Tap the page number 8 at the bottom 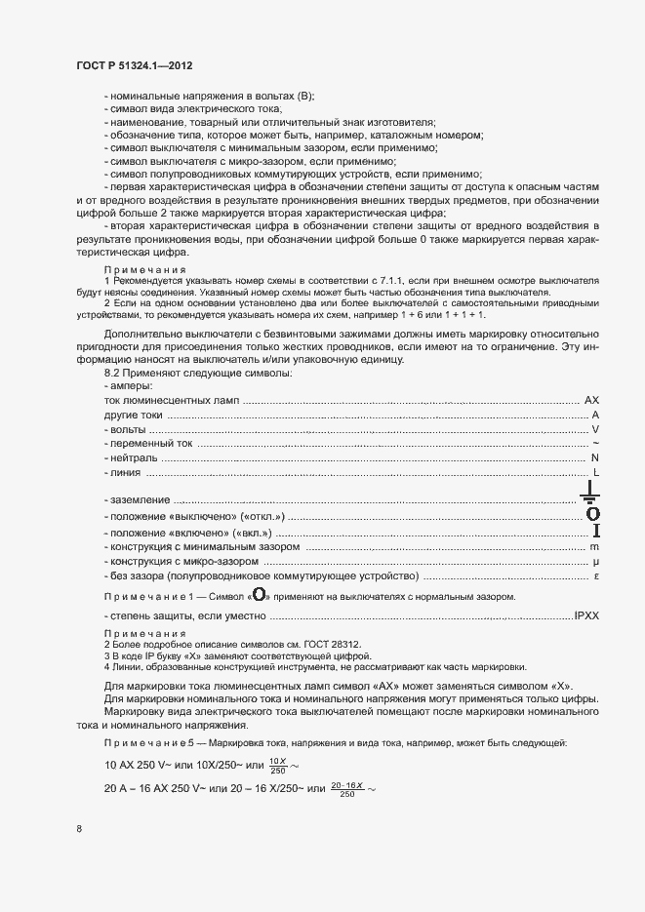[x=79, y=829]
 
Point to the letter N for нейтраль [x=594, y=457]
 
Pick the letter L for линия [x=595, y=473]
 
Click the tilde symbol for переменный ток [x=595, y=444]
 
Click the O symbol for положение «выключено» [x=592, y=513]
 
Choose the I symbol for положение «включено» [x=594, y=531]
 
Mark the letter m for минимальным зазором [x=593, y=548]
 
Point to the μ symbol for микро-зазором [x=594, y=563]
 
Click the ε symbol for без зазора [x=595, y=577]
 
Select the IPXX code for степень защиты [x=586, y=617]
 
